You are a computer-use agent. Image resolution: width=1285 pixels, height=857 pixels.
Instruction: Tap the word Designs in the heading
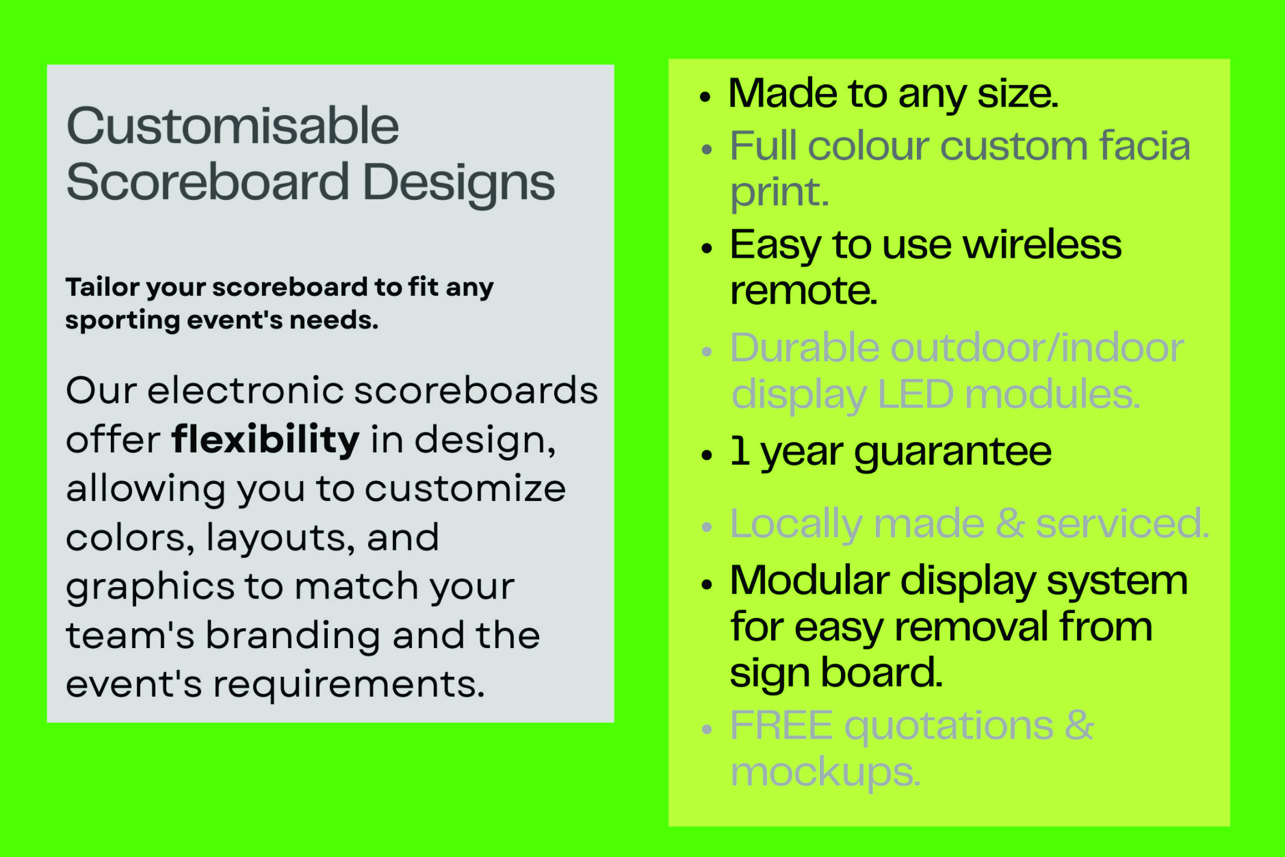459,183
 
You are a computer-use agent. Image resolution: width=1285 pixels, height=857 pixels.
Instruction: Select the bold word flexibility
266,439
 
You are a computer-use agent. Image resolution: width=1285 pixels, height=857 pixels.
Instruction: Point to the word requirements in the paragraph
349,684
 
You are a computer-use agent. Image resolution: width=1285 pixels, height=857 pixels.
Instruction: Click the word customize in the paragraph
465,488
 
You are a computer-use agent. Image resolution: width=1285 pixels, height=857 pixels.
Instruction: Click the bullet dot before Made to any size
705,96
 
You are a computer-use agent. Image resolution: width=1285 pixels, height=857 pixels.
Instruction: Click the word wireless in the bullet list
1042,245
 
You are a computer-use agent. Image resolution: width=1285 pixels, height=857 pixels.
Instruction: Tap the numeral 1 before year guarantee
740,451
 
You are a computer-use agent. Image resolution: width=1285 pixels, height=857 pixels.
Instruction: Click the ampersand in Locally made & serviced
1010,523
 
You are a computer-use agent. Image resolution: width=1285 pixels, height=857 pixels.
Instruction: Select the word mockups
825,773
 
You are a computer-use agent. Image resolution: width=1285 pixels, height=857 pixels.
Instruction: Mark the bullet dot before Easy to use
707,248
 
